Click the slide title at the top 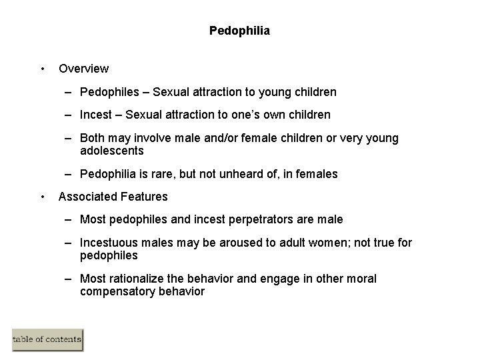click(239, 31)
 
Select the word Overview click(83, 68)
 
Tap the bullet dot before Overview click(42, 68)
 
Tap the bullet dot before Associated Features click(42, 197)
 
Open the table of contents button click(47, 340)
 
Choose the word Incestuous click(107, 243)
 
